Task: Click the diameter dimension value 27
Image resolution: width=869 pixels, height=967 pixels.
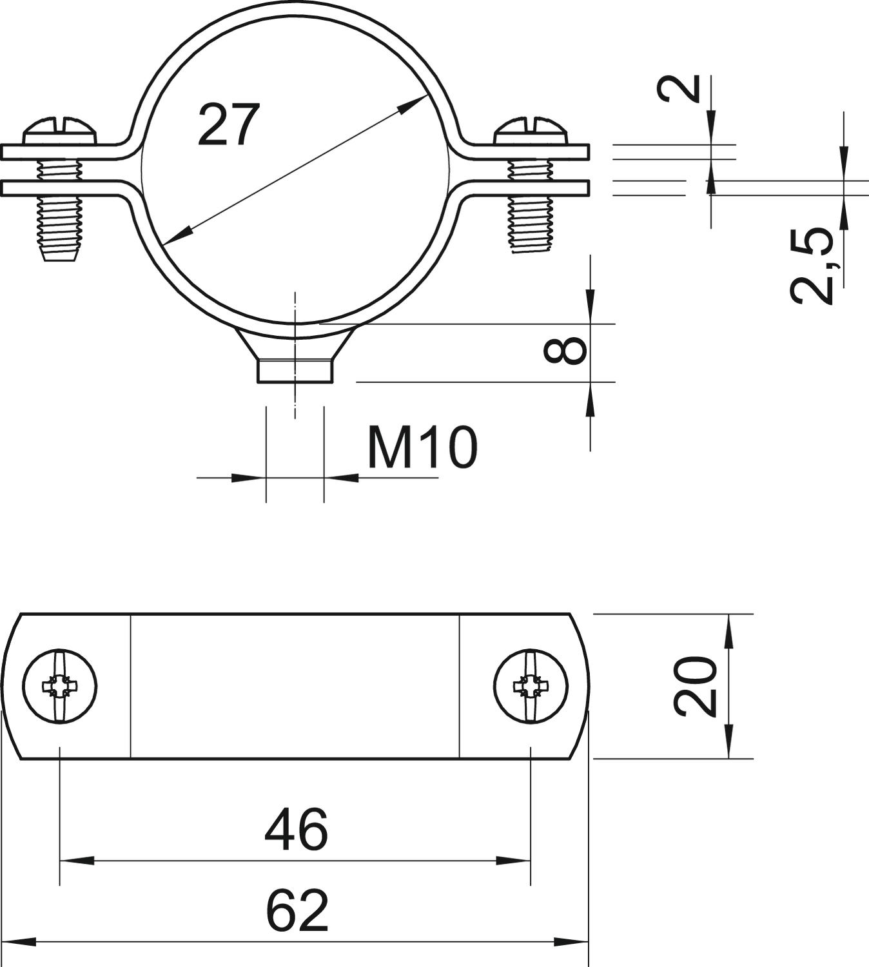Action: coord(229,124)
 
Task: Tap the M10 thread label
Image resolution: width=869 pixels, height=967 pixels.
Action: coord(422,447)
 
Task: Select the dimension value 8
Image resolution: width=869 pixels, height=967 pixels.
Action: coord(565,351)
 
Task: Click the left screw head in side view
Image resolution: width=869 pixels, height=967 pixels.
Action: coord(61,132)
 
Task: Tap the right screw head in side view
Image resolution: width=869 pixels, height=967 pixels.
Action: coord(531,132)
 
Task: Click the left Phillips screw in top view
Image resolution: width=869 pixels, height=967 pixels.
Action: coord(60,687)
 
